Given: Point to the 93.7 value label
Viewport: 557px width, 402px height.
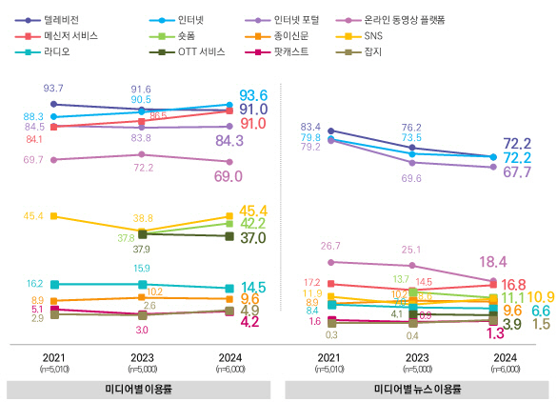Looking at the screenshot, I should point(53,88).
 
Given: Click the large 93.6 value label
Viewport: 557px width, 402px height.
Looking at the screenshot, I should point(252,95).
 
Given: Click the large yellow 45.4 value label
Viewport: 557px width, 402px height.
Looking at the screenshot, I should point(252,211).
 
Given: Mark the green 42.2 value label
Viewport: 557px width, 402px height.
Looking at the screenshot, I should point(252,224).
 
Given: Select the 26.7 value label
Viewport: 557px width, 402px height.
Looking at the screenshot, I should point(330,246).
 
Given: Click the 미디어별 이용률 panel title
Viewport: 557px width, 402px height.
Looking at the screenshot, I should point(141,390).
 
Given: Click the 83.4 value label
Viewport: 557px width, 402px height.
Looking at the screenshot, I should point(310,127).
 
